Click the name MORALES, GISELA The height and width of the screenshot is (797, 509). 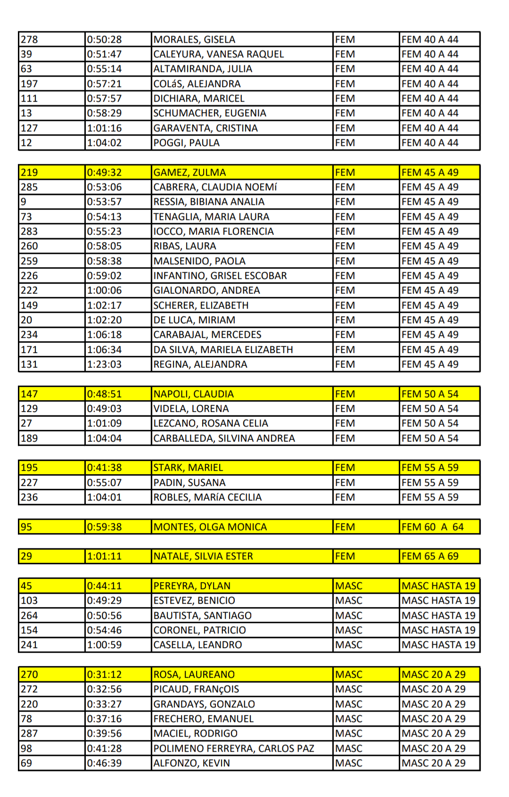point(194,40)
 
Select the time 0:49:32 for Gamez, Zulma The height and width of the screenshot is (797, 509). point(104,173)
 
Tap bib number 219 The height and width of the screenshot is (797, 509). point(29,173)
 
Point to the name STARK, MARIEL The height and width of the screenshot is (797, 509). point(188,468)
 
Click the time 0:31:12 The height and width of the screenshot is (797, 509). point(104,674)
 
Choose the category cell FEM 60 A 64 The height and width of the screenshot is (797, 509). point(432,527)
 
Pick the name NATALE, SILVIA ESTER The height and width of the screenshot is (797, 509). point(203,556)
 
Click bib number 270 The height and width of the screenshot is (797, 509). point(29,674)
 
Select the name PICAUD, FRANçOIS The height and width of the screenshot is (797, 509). point(196,689)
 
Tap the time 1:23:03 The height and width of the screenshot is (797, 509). point(104,364)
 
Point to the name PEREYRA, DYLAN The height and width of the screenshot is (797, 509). point(192,586)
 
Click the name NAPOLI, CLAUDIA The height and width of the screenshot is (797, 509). point(193,394)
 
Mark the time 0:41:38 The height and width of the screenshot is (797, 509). point(104,468)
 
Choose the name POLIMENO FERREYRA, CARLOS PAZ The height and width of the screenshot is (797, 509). point(234,748)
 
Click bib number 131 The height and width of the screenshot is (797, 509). point(29,364)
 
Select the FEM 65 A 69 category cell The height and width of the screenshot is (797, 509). point(430,556)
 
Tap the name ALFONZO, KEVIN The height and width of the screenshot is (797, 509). point(191,763)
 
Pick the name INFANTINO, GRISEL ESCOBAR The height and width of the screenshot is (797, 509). point(220,276)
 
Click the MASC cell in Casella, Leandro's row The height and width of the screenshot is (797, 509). point(349,645)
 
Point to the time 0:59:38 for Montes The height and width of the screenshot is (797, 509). point(104,527)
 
